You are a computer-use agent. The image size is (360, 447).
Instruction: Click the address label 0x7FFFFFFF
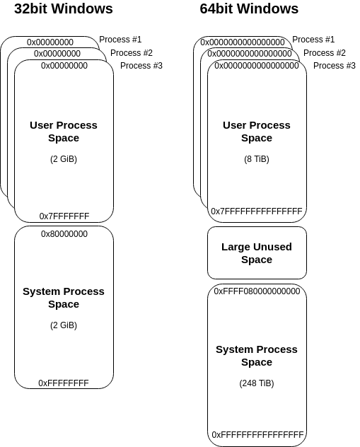(64, 216)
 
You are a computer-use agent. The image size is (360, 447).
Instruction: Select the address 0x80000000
(64, 234)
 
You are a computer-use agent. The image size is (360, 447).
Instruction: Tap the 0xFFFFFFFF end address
(64, 383)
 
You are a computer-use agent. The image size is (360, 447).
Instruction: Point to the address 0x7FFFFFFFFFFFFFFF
(257, 211)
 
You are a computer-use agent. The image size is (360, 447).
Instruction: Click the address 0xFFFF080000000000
(257, 291)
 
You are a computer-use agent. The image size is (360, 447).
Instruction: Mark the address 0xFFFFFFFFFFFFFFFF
(257, 435)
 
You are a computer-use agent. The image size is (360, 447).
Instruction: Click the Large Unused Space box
(257, 253)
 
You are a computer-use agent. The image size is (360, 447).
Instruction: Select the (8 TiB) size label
(257, 159)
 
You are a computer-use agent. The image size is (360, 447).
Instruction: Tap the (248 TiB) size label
(257, 383)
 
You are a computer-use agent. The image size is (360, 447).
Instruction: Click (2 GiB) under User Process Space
(64, 159)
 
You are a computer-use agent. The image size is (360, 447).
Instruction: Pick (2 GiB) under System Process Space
(64, 325)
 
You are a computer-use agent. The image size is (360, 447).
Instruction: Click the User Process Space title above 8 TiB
(257, 132)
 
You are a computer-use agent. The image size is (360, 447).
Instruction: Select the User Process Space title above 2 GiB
(64, 132)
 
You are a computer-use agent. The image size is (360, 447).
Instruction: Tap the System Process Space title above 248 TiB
(257, 356)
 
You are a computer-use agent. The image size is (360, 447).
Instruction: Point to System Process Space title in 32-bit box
(64, 298)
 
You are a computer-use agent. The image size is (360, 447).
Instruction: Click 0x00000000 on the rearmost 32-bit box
(50, 42)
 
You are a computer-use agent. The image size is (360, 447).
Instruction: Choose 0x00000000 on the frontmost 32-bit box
(64, 66)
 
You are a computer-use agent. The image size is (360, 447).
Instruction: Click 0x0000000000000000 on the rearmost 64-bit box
(243, 42)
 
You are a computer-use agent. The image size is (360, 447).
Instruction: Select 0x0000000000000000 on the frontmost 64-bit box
(257, 66)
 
